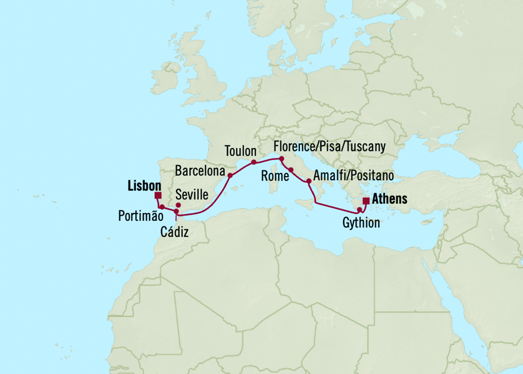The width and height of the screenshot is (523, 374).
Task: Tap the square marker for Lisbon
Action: click(x=158, y=195)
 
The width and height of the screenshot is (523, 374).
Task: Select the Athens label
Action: click(x=390, y=199)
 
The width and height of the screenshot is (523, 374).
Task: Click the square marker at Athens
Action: click(x=366, y=201)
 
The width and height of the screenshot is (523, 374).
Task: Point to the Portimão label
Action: click(x=141, y=216)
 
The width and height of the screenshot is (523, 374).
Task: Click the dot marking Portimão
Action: click(x=162, y=207)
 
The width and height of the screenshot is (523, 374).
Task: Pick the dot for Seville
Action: click(x=178, y=205)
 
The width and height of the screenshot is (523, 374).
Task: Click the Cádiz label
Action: click(x=175, y=231)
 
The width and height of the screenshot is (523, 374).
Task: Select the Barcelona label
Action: click(x=200, y=171)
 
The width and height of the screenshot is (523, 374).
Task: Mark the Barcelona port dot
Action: click(x=230, y=176)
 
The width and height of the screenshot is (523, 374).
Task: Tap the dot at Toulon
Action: click(x=254, y=162)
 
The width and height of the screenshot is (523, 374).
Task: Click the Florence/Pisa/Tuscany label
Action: click(x=329, y=147)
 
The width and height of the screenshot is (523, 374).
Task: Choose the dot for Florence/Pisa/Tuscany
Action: click(x=281, y=159)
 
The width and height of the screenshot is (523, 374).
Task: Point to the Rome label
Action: click(x=275, y=176)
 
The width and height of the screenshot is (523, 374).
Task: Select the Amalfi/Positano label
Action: click(x=354, y=176)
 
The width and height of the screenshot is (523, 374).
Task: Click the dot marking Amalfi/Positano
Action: click(x=309, y=181)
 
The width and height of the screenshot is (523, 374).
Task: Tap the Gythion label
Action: click(x=361, y=223)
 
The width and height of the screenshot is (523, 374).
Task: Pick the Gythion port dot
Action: click(x=360, y=209)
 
